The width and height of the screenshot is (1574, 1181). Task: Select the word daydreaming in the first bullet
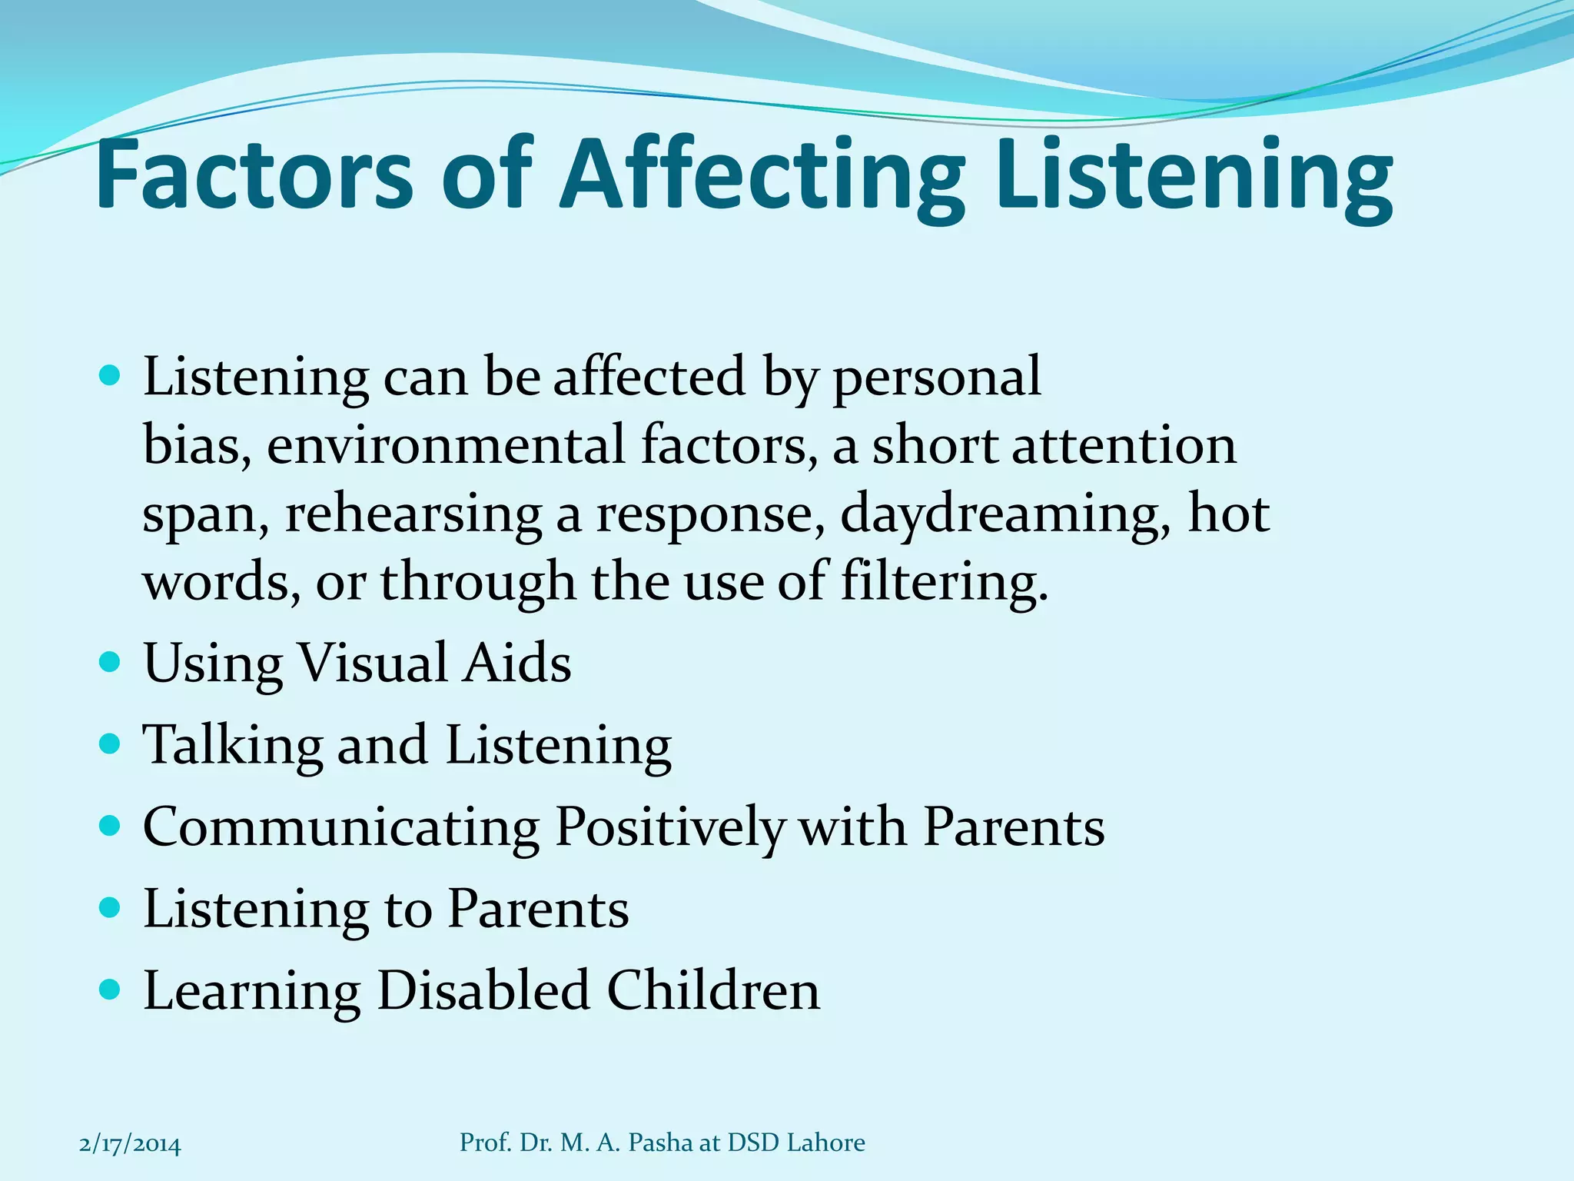[x=1006, y=514]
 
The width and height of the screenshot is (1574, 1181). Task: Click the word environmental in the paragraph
[x=446, y=446]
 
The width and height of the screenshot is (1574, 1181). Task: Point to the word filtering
[x=945, y=582]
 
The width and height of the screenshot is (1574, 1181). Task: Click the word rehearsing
[x=414, y=514]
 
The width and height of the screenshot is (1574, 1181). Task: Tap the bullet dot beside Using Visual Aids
[x=111, y=662]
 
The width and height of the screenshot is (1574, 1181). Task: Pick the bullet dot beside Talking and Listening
[x=111, y=744]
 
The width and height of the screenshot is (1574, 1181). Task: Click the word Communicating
[x=341, y=827]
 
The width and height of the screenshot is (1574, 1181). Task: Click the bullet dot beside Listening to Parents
[x=111, y=908]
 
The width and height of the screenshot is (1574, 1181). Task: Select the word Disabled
[x=484, y=990]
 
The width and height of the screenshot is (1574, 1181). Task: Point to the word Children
[x=713, y=990]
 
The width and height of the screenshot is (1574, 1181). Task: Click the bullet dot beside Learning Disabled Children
[x=111, y=990]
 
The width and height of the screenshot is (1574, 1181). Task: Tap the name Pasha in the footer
[x=660, y=1143]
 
